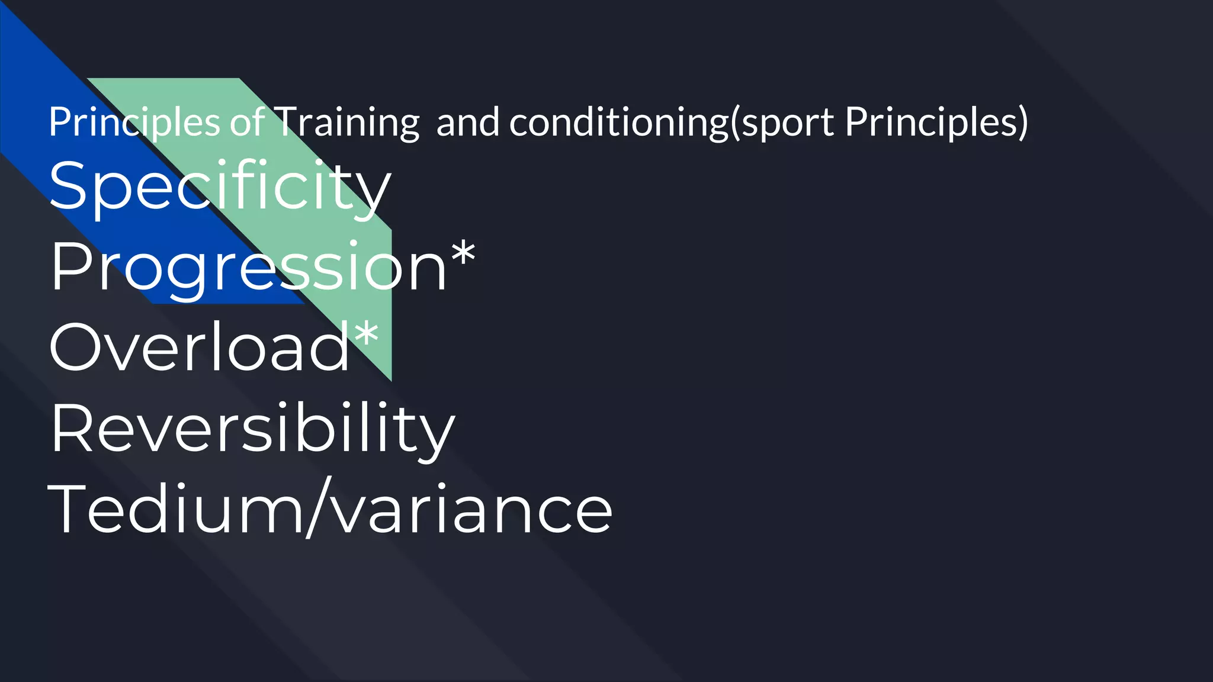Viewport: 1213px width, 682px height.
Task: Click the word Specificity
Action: point(219,186)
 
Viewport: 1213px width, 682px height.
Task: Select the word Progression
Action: point(248,268)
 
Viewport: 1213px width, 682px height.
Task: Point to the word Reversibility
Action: point(252,429)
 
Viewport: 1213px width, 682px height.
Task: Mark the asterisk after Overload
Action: point(367,334)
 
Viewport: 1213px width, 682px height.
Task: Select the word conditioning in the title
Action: point(618,123)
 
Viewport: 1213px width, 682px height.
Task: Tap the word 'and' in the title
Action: point(468,122)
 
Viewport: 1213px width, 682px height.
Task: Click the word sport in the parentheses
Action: point(788,123)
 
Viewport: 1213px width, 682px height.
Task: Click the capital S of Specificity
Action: point(69,186)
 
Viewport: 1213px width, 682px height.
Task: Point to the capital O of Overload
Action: point(75,348)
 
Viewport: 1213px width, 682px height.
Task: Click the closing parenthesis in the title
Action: point(1022,123)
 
